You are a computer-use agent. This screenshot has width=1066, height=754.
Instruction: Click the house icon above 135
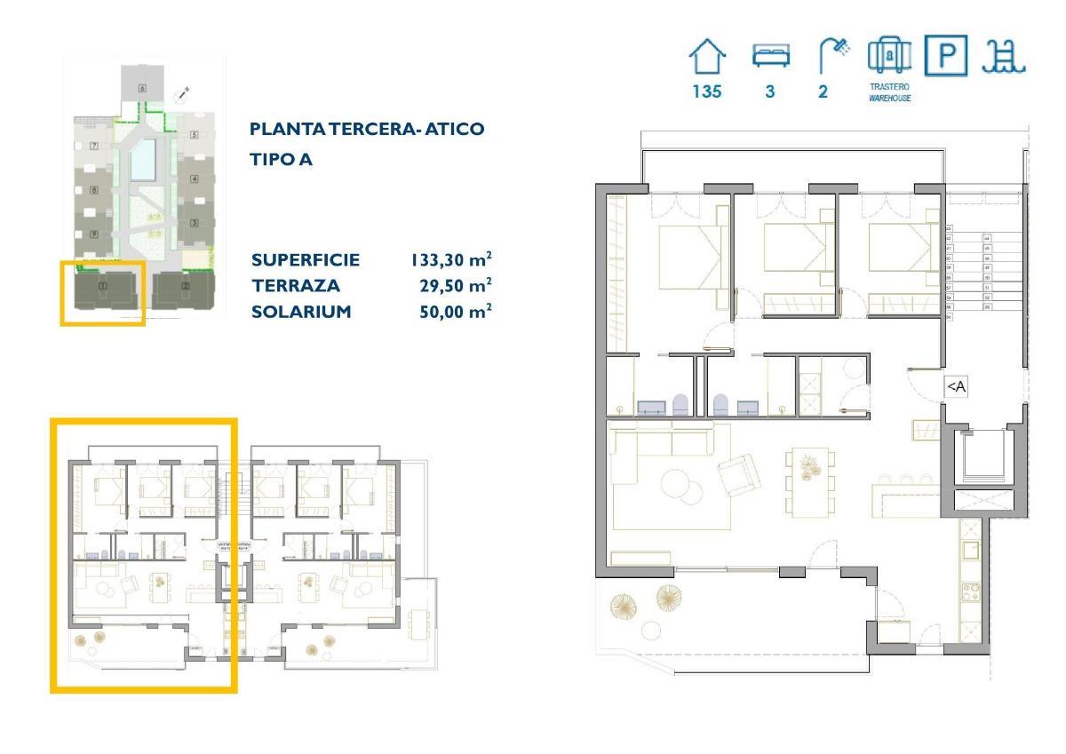tap(707, 58)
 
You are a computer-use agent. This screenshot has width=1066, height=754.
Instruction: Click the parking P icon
tap(946, 56)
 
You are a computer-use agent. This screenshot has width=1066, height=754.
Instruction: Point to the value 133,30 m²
tap(450, 260)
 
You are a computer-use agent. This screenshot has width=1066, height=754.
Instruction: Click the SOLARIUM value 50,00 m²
tap(455, 312)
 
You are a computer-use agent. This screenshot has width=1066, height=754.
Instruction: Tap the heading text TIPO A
tap(281, 161)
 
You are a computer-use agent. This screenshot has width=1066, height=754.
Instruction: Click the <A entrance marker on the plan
tap(955, 386)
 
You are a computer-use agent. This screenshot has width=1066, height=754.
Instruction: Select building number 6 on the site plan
tap(142, 89)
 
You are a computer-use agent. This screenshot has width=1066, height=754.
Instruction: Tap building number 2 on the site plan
tap(185, 286)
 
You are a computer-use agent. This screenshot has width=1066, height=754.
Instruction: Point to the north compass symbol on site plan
tap(183, 93)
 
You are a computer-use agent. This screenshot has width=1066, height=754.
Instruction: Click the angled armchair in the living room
tap(739, 474)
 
